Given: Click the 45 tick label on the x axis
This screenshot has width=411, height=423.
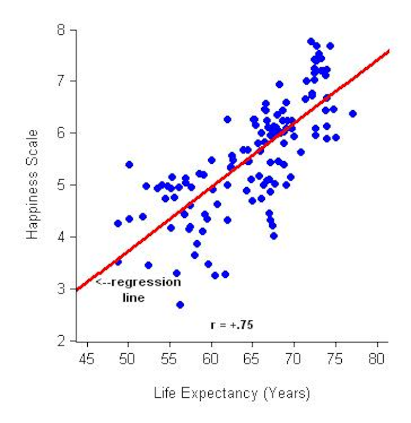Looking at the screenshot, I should tap(86, 360).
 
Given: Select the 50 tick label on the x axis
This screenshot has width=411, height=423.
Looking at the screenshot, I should tap(127, 360).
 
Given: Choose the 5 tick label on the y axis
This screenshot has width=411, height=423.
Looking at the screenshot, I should tap(62, 185).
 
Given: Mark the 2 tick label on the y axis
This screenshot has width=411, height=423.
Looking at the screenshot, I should tap(62, 341).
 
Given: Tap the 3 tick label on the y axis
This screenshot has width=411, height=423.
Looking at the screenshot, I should tap(62, 289).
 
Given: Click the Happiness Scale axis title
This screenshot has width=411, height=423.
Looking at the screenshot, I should tap(33, 184).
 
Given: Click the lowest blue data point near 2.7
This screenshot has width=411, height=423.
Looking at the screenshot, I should tap(180, 305).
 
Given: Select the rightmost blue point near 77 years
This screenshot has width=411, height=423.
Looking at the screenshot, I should tap(353, 114).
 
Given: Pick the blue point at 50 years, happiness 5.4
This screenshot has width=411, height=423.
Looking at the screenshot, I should tap(129, 164).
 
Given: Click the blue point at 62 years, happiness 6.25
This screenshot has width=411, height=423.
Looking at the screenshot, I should tap(227, 119).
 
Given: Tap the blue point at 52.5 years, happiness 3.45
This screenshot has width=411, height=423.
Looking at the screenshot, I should tap(148, 265).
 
